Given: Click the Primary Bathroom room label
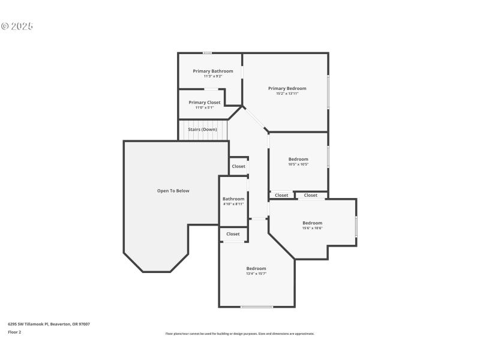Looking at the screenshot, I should coord(213,71).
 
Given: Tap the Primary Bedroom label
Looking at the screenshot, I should coord(287,88).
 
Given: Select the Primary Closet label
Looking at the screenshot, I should coord(205,103).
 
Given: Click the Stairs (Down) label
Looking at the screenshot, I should coord(202,130).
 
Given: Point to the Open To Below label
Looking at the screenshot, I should coord(173,191).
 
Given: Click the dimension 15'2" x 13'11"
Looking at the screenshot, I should coord(287,94).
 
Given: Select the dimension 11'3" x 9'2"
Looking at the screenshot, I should coord(213,76).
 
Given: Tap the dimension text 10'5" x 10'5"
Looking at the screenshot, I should coord(298,164).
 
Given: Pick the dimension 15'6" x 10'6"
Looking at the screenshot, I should coord(312,228).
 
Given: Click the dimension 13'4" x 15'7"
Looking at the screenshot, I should coord(256,274).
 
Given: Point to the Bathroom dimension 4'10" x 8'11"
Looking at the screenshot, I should coord(233,204).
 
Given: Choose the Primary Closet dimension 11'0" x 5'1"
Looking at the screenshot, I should coord(205,108).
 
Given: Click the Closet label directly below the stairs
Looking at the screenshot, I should coord(238,166).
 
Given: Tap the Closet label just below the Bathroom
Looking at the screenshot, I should coord(233,234).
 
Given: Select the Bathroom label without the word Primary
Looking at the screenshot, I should coord(233,199).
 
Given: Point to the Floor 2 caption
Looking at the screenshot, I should coord(14,332).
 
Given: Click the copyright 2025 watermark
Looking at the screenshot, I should coord(17,26).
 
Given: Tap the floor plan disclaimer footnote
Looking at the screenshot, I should coord(239,334).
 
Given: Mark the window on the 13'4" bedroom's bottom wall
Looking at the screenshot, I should coord(257,307).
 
